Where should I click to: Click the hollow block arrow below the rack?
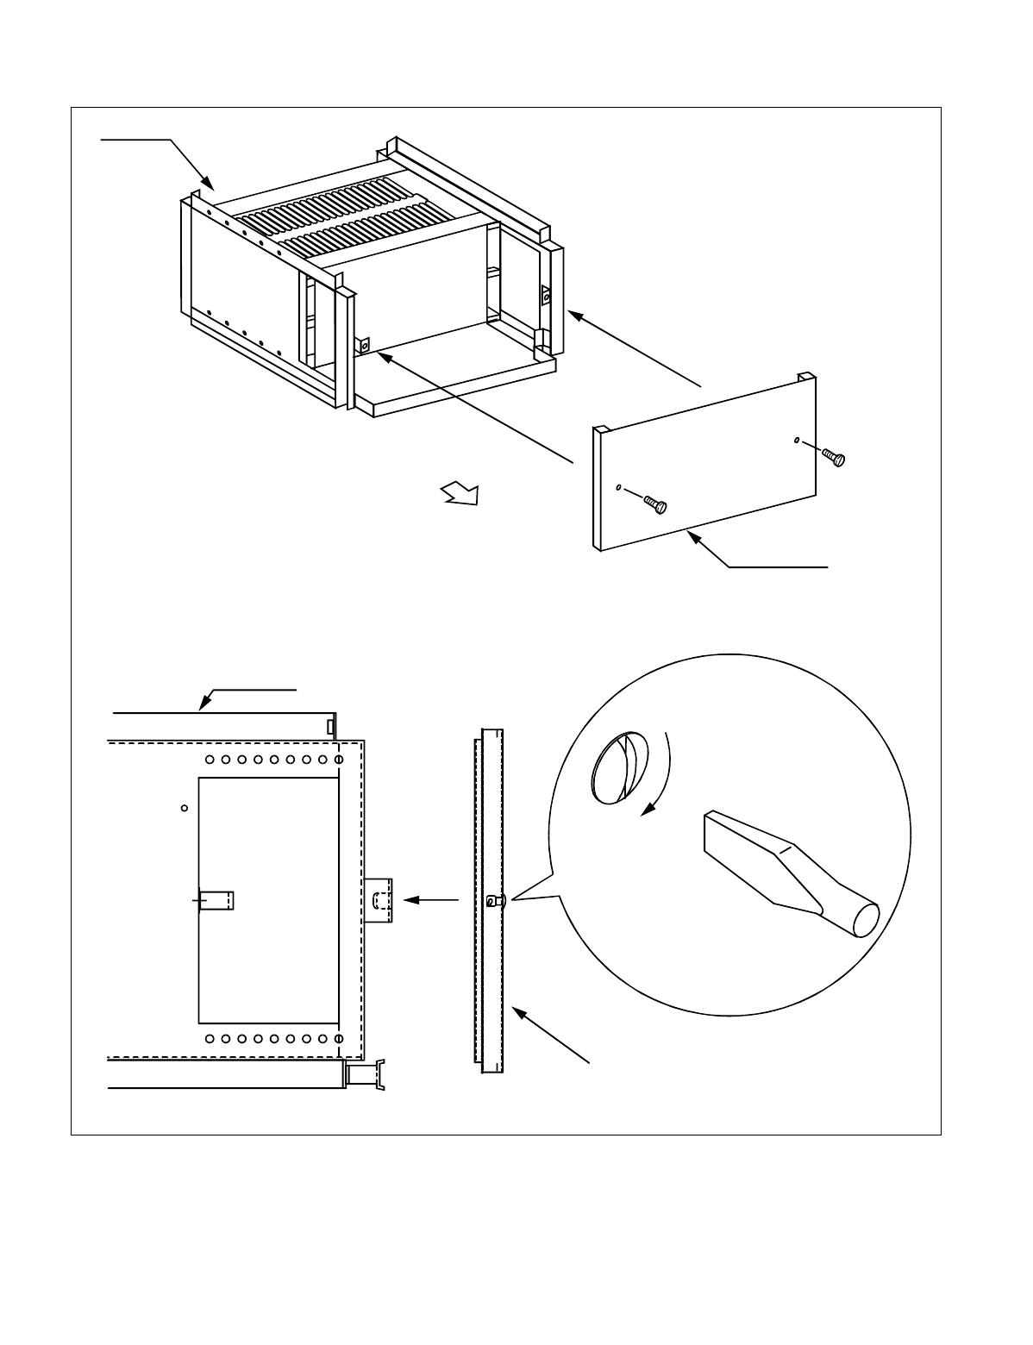click(x=460, y=495)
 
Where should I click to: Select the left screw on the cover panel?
click(x=656, y=504)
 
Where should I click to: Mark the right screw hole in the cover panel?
click(x=795, y=441)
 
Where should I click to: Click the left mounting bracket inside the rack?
click(x=364, y=346)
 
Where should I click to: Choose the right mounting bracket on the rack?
click(x=546, y=296)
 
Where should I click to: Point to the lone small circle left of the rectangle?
click(x=184, y=808)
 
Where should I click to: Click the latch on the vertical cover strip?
click(x=492, y=901)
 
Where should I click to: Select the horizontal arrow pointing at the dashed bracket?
click(x=431, y=900)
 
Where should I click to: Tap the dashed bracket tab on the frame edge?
click(x=379, y=901)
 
